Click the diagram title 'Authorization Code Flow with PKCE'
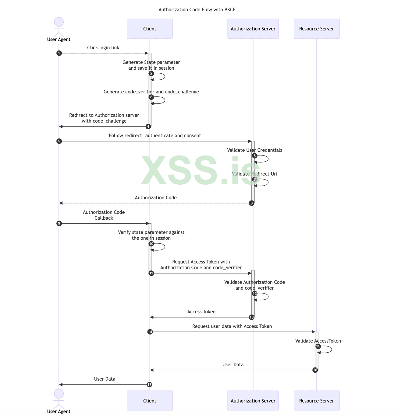197,10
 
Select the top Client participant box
150,29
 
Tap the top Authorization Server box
253,29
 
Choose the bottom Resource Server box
316,401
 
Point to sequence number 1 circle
59,53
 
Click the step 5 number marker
59,141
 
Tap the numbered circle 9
59,223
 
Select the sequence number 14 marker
150,332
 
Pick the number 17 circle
149,385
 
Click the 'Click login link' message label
103,48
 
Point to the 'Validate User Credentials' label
254,150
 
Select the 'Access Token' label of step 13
201,312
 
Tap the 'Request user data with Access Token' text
232,326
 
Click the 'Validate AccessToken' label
318,341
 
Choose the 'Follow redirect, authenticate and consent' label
155,136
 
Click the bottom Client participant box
150,401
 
